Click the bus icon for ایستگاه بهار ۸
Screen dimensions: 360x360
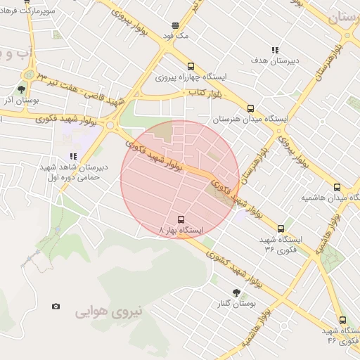pos(181,219)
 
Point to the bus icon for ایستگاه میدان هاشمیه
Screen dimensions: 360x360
pos(337,187)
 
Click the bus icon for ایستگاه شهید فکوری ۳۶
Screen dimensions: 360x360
pos(281,229)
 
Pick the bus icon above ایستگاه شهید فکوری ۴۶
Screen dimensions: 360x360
pos(342,320)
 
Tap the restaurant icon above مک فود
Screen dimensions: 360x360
pos(175,25)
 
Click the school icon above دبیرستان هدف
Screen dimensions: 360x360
pos(275,50)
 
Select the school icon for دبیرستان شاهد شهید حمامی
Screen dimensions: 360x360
pos(72,156)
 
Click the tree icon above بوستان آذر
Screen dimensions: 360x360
pos(22,89)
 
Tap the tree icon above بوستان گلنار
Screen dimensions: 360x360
pos(236,292)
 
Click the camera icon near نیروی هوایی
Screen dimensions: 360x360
pos(56,306)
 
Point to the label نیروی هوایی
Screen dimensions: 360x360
pos(109,310)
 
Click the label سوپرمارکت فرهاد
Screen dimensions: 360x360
pos(27,13)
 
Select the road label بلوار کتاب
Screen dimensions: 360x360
pos(204,93)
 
